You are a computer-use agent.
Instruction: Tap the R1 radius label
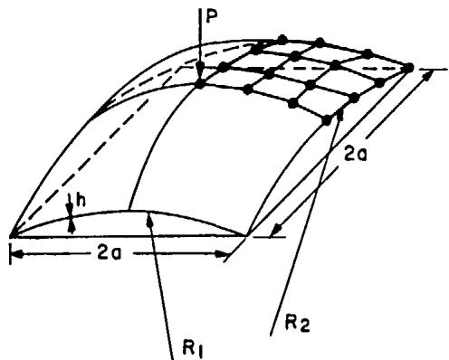[193, 350]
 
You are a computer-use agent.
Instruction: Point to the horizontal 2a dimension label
[110, 254]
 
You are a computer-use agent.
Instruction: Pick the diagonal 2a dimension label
[356, 156]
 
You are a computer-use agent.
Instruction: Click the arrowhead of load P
[199, 71]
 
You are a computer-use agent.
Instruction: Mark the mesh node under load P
[199, 84]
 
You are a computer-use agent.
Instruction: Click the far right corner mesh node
[409, 68]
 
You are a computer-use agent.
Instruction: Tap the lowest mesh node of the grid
[327, 121]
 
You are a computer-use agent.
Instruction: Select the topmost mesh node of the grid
[282, 39]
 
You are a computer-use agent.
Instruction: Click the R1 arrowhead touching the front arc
[149, 220]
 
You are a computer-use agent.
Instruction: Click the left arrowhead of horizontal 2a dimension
[16, 255]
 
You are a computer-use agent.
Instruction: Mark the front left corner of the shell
[12, 235]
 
